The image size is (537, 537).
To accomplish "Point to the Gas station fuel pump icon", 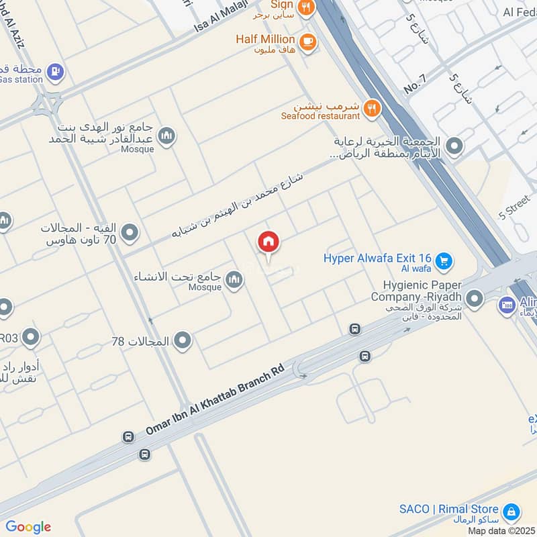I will [55, 70].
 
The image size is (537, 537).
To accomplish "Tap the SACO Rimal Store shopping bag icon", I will [511, 511].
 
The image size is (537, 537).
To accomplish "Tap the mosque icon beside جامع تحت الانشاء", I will [234, 279].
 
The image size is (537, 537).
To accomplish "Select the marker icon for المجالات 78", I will [182, 342].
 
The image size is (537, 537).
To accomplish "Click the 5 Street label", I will [515, 209].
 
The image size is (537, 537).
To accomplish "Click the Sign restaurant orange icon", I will [306, 7].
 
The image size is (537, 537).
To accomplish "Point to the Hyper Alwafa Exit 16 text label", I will [377, 258].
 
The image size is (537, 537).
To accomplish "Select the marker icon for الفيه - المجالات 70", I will [130, 234].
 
